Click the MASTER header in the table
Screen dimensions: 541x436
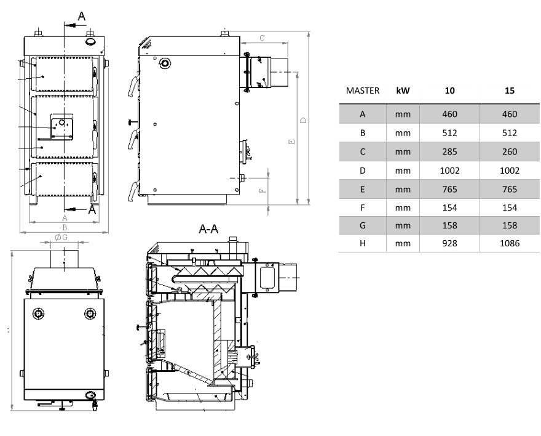(x=362, y=91)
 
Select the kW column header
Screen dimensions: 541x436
(x=403, y=91)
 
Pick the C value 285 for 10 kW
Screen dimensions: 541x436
(x=449, y=151)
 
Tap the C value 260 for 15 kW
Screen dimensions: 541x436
(x=510, y=151)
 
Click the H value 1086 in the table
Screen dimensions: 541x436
(x=510, y=243)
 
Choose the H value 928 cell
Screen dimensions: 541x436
(x=449, y=243)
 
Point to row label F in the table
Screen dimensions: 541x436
(x=362, y=208)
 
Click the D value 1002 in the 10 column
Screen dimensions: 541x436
(x=449, y=171)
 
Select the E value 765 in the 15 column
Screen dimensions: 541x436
(x=510, y=189)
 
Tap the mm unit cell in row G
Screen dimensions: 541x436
(x=403, y=225)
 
